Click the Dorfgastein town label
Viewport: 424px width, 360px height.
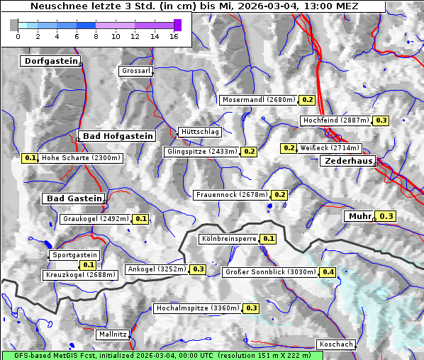click(x=50, y=62)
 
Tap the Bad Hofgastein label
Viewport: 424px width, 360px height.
click(x=117, y=135)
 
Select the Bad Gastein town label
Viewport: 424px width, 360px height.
click(x=74, y=198)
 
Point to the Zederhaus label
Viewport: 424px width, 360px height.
click(x=349, y=161)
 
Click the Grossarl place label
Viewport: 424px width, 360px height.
click(x=135, y=71)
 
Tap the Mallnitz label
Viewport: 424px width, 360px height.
click(x=113, y=334)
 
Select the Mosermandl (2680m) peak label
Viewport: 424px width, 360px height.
click(x=259, y=100)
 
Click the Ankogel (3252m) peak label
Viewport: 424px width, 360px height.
click(x=156, y=269)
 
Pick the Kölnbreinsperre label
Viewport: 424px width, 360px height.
click(x=228, y=239)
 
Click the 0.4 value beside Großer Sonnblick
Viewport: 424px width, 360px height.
click(x=328, y=272)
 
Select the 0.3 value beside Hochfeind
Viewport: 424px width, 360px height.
click(x=381, y=120)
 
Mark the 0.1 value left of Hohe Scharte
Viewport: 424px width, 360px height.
click(x=30, y=158)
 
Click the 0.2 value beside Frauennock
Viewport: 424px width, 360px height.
click(x=279, y=195)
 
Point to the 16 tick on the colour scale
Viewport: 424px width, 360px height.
click(x=174, y=35)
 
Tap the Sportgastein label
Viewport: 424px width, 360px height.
click(x=74, y=255)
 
